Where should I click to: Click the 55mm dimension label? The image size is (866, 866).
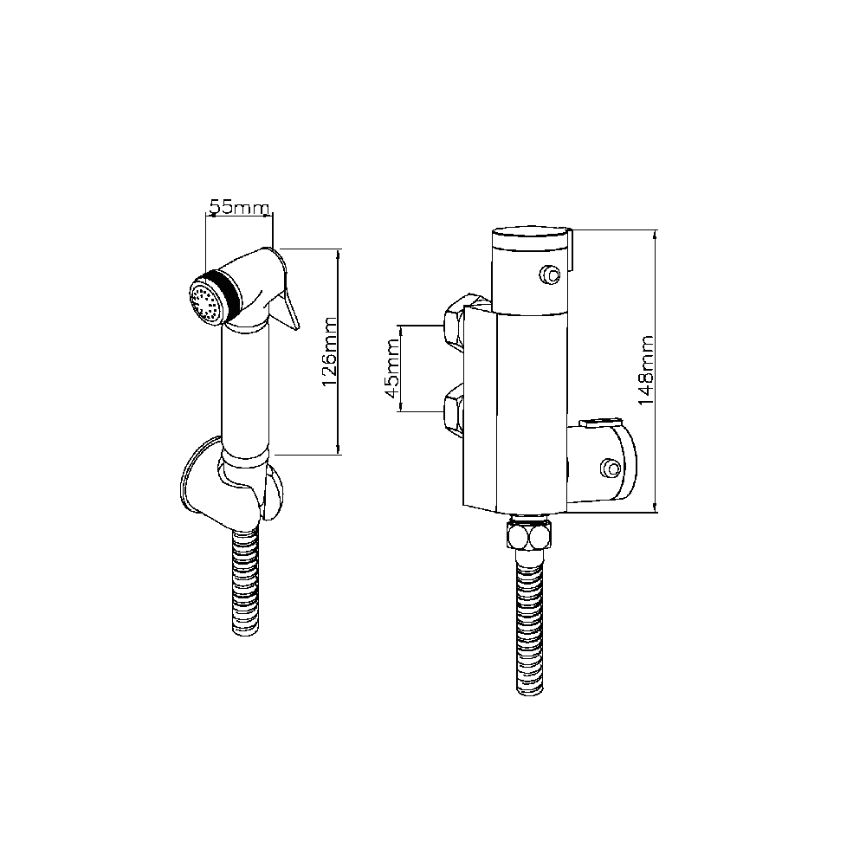(x=238, y=208)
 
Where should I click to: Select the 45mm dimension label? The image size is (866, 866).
(x=392, y=369)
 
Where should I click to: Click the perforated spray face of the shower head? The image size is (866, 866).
(x=204, y=303)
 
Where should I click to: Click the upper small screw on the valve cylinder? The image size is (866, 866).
(x=548, y=275)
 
